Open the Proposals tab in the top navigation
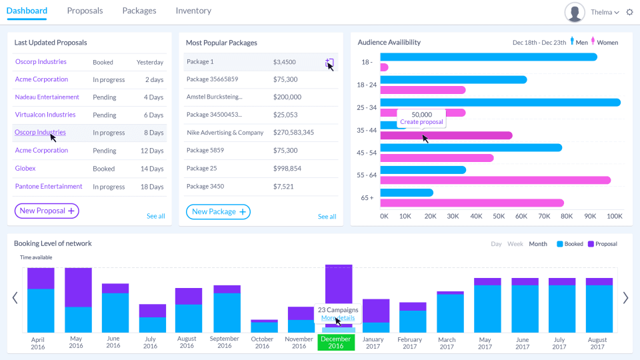click(x=85, y=11)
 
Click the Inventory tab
click(x=193, y=11)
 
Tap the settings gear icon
click(x=629, y=12)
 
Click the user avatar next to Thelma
click(x=575, y=12)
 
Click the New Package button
click(x=218, y=212)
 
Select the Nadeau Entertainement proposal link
click(x=47, y=97)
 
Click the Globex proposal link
click(x=25, y=169)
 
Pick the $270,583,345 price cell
click(x=293, y=133)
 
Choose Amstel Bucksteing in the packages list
click(x=215, y=97)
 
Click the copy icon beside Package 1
click(x=329, y=63)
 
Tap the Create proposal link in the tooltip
click(x=421, y=122)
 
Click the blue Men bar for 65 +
click(x=407, y=193)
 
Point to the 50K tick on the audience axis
click(x=499, y=217)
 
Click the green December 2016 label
click(x=336, y=343)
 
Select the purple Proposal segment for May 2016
click(x=78, y=287)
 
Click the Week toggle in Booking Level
click(x=515, y=244)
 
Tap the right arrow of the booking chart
click(x=625, y=298)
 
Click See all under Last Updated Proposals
click(x=155, y=216)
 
